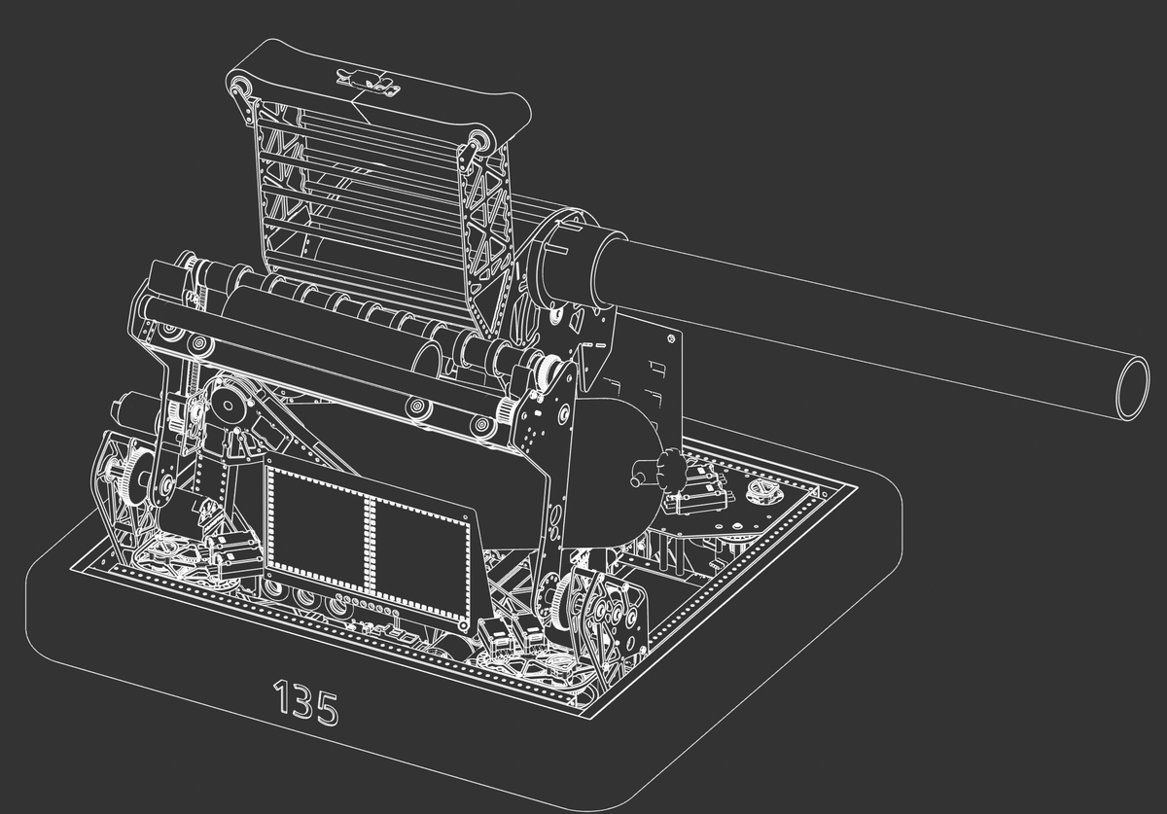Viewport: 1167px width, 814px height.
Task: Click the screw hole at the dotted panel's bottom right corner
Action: [464, 621]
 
